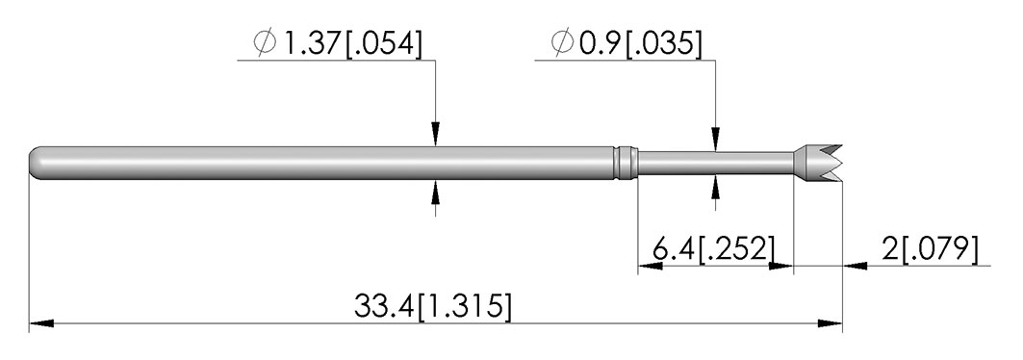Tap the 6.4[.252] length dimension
(x=714, y=249)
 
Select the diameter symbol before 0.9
(x=562, y=43)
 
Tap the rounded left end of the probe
(x=37, y=162)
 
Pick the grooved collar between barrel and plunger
(x=627, y=162)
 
